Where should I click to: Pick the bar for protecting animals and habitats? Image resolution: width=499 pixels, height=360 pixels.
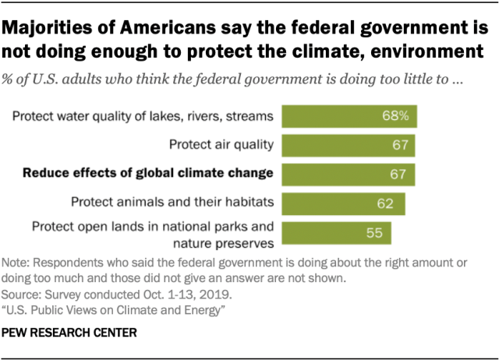(343, 202)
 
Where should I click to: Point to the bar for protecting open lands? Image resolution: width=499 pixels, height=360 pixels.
(335, 233)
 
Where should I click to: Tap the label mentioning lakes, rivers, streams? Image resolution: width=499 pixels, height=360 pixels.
(143, 117)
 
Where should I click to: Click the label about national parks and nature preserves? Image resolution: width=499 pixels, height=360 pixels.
(152, 233)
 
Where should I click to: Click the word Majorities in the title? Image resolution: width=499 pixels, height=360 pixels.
(49, 30)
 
